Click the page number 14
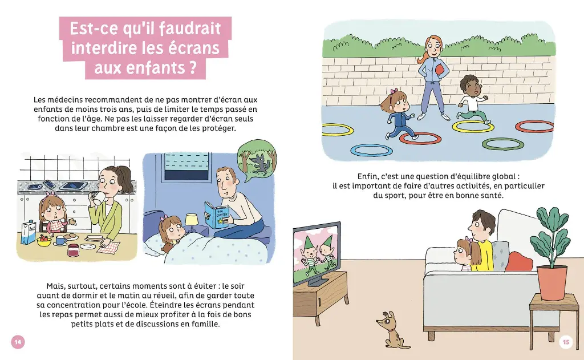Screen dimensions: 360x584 click(18, 342)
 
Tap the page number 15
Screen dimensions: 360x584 click(565, 342)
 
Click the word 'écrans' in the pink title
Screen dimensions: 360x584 click(192, 48)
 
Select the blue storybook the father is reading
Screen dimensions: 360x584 click(217, 215)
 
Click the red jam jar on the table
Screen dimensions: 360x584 click(74, 250)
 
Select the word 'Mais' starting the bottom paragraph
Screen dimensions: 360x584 click(58, 285)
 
